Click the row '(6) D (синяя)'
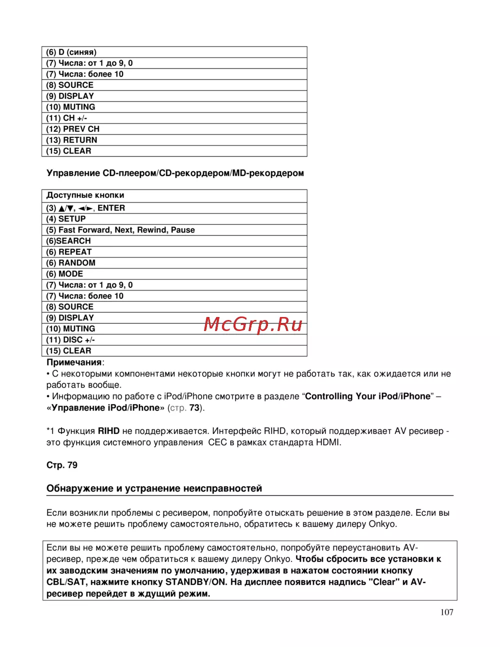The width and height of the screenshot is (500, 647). (71, 52)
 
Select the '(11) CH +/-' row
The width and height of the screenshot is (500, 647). (66, 118)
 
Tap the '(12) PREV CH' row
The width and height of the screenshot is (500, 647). (73, 129)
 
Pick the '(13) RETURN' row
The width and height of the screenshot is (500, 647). (71, 140)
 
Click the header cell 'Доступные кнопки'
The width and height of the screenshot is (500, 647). (85, 195)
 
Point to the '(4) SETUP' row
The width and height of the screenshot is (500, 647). (66, 219)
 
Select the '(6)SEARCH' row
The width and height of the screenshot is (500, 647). (68, 241)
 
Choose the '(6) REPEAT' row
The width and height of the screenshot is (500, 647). (69, 252)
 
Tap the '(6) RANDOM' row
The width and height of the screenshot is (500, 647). (70, 263)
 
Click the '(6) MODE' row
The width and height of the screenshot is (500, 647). (64, 274)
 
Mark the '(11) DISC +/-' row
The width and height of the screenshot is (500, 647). (70, 340)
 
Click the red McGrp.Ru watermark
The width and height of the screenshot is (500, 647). (253, 325)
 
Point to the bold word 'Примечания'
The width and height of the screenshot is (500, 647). (74, 362)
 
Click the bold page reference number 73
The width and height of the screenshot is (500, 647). (194, 408)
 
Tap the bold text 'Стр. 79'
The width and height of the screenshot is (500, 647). (62, 465)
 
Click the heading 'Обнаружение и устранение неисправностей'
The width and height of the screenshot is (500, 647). (154, 488)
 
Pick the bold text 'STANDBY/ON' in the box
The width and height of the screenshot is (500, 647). (196, 582)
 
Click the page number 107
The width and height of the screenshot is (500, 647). (447, 612)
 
